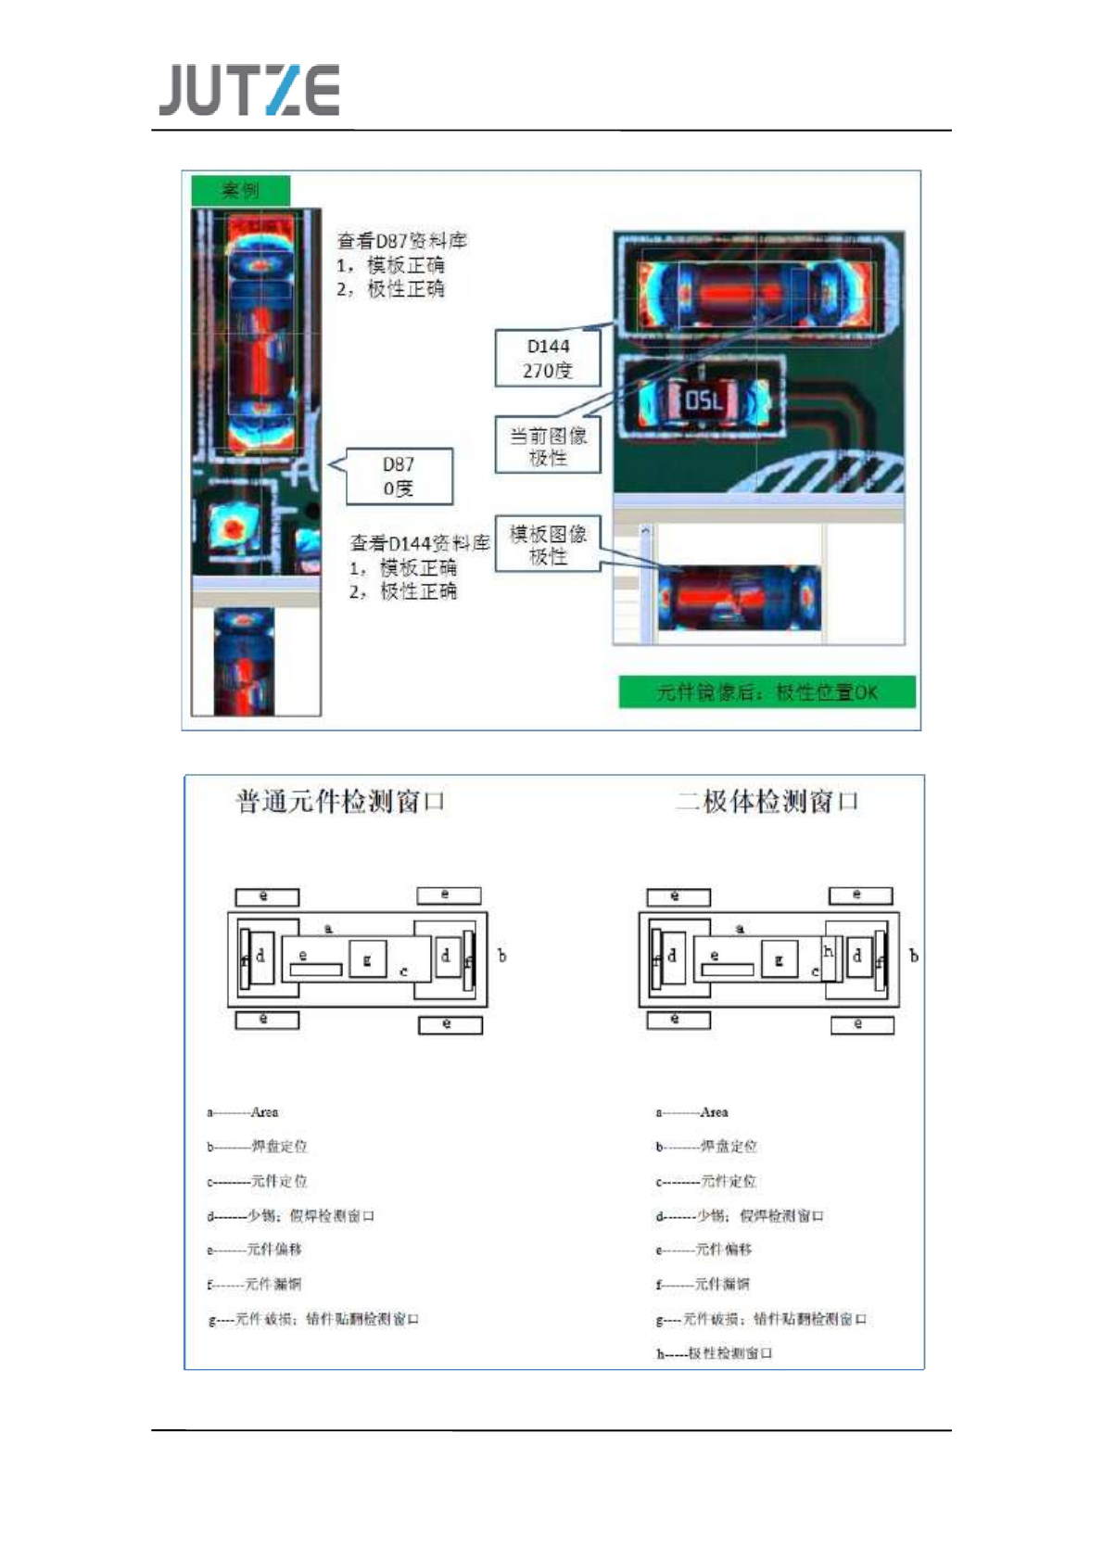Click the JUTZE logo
click(x=248, y=90)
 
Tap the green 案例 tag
click(x=240, y=190)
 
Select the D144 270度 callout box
click(x=547, y=359)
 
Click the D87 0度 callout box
click(x=399, y=476)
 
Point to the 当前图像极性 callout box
click(x=548, y=446)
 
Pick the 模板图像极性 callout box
click(x=548, y=544)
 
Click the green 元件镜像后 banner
click(x=767, y=691)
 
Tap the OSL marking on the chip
click(x=703, y=400)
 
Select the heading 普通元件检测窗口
click(x=340, y=801)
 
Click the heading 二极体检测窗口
click(x=767, y=801)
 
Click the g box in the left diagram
click(x=367, y=959)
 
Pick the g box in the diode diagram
click(x=779, y=959)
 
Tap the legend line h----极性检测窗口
click(x=714, y=1353)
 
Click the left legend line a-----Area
click(x=243, y=1111)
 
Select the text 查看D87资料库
click(x=401, y=241)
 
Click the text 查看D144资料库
click(x=419, y=543)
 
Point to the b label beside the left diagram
click(x=502, y=955)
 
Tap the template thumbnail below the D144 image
click(x=739, y=598)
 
